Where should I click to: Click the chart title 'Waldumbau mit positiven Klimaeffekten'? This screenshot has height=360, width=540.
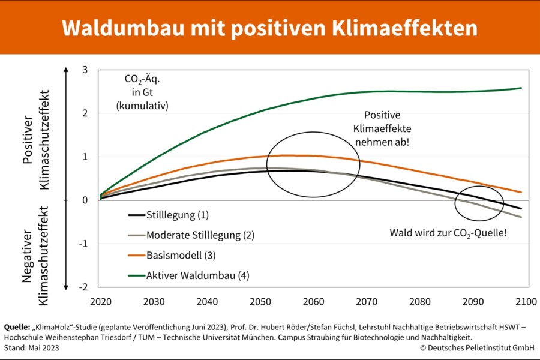(x=269, y=28)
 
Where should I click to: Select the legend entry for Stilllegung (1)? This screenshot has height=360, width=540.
(x=169, y=215)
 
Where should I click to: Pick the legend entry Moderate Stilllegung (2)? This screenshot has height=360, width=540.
(x=191, y=235)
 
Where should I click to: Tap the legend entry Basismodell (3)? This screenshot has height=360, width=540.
(x=172, y=255)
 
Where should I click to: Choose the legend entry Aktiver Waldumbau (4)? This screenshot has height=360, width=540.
(x=188, y=275)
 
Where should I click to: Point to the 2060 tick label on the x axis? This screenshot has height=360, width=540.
(x=313, y=302)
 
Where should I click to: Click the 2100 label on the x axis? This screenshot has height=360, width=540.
(x=526, y=302)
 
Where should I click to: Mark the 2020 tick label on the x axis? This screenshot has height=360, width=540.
(x=101, y=302)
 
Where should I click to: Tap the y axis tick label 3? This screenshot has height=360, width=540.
(x=85, y=70)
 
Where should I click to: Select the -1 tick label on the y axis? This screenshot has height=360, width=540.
(x=83, y=244)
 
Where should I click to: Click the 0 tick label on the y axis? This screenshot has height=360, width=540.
(x=85, y=200)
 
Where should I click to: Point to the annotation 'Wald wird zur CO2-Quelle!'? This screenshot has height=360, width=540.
(x=448, y=233)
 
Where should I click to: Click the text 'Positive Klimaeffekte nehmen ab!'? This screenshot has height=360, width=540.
(x=382, y=128)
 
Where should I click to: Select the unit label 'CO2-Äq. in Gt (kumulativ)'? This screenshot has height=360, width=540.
(x=142, y=92)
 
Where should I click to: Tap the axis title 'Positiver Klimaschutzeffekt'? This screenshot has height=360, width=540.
(x=36, y=140)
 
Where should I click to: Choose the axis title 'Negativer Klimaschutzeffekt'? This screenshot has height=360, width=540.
(x=35, y=256)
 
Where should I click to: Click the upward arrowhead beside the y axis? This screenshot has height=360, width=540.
(x=66, y=70)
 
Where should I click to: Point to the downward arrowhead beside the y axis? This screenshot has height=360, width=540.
(x=66, y=287)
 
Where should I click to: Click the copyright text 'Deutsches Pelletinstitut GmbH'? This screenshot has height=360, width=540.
(x=478, y=348)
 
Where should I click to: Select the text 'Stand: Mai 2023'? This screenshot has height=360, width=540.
(x=31, y=348)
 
